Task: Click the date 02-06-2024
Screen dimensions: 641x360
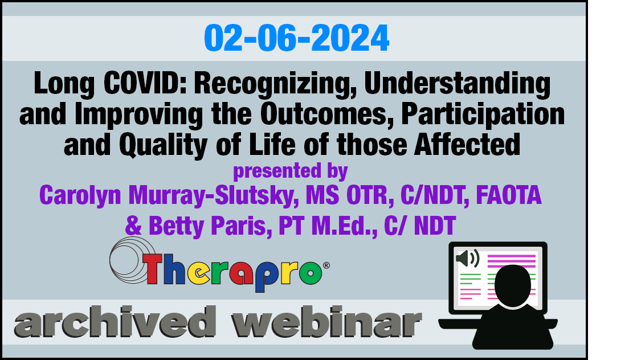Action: [296, 38]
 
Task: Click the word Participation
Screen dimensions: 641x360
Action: [483, 115]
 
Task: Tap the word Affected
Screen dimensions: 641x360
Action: [467, 145]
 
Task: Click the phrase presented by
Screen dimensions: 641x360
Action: [290, 171]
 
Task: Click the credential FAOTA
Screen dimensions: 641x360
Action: [509, 195]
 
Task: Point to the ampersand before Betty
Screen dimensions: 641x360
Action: [133, 226]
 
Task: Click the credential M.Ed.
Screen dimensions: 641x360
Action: [344, 226]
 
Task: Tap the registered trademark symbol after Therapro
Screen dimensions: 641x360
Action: [326, 265]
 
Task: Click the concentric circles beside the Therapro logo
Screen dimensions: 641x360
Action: [131, 260]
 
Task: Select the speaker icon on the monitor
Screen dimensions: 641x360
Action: [468, 258]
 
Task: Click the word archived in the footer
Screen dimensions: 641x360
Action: [115, 322]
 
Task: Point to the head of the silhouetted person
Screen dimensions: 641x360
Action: [513, 285]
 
